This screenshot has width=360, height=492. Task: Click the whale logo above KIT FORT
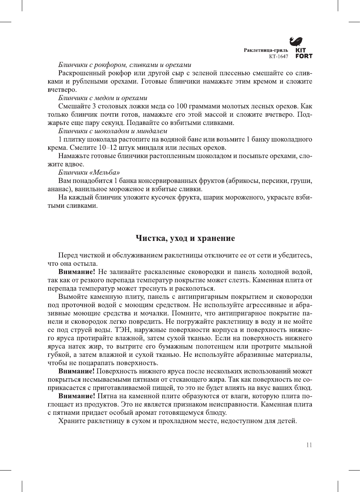coord(296,41)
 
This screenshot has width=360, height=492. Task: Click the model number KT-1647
coord(278,56)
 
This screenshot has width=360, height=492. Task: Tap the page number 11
coord(309,445)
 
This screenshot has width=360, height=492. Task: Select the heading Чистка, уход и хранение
coord(185,238)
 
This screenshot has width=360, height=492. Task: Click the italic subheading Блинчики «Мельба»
coord(89,172)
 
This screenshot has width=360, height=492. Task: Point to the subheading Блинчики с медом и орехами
coord(102,98)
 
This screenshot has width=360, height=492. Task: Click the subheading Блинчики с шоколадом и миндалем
coord(113,131)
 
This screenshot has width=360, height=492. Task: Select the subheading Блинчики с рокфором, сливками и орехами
coord(125,65)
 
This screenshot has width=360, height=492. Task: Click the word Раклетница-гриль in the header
coord(265,50)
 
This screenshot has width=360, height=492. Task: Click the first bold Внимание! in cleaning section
coord(76,272)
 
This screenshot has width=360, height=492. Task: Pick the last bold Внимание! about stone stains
coord(76,396)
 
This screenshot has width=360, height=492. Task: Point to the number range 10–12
coord(109,148)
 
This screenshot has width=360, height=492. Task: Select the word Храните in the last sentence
coord(72,421)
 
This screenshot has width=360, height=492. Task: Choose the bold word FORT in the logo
coord(304,56)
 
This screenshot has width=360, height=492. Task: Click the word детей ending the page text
coord(287,421)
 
